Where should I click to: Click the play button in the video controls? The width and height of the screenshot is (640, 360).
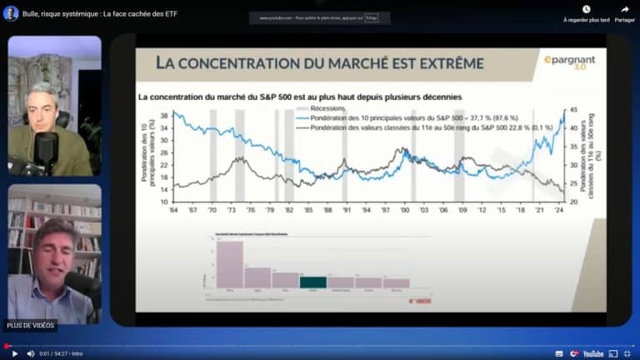pos(14,353)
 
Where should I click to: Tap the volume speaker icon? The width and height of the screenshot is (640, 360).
pos(31,353)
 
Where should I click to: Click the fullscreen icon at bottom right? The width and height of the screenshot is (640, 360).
pos(626,353)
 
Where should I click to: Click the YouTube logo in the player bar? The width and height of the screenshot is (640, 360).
pos(589,353)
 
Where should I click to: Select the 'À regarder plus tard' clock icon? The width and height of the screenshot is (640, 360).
pos(586,9)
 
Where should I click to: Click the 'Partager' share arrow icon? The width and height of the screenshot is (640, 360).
pos(624,9)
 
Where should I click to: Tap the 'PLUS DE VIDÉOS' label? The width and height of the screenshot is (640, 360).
pos(30,325)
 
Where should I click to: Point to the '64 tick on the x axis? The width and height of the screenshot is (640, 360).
pos(174,211)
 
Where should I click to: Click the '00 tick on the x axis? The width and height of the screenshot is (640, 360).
pos(406,211)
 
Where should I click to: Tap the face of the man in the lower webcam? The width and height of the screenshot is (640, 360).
pos(53,245)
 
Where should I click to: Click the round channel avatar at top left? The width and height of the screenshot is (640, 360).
pos(12,12)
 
